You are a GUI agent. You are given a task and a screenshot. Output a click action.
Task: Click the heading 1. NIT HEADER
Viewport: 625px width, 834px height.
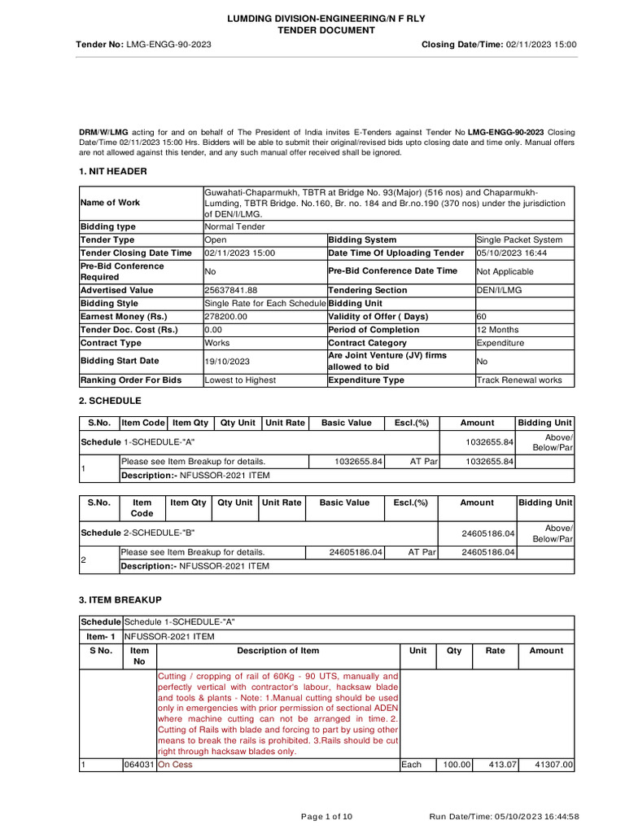(x=113, y=171)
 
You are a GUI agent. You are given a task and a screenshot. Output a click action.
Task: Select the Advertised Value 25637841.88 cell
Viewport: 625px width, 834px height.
(x=230, y=290)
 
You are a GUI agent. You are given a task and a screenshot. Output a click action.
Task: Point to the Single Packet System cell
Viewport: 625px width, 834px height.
(x=519, y=240)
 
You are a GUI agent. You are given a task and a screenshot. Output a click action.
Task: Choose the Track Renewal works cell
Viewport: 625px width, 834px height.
(x=518, y=380)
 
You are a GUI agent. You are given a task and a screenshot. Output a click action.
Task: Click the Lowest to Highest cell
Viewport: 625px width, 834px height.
(x=240, y=380)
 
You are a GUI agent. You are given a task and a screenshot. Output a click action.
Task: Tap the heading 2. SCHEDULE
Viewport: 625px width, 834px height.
(x=110, y=402)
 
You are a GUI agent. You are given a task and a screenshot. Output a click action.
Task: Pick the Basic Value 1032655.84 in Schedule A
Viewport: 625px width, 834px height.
(x=358, y=462)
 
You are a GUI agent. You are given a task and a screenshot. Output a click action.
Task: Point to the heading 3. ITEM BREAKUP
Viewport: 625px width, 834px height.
(x=120, y=599)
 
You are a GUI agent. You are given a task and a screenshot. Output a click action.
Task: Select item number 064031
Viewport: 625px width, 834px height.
(x=138, y=765)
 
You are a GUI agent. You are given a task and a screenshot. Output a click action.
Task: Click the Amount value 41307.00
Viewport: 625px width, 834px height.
(x=553, y=765)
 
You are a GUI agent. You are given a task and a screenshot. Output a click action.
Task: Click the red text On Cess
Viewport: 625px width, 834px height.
(x=175, y=765)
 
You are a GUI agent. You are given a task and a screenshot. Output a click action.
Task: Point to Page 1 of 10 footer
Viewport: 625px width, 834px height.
(x=326, y=817)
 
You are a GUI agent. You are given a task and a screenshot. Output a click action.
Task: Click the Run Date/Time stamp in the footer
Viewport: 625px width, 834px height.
(x=504, y=817)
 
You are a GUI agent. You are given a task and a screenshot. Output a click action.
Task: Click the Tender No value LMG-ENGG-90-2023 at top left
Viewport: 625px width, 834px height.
(x=168, y=44)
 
